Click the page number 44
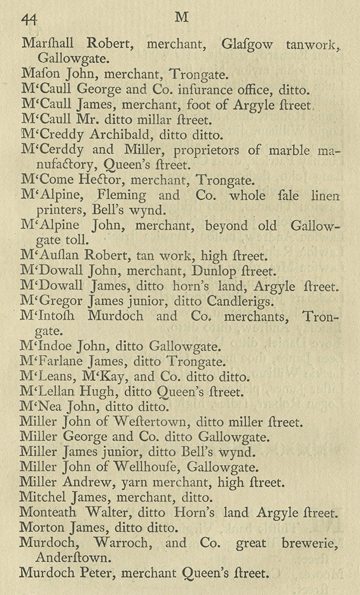click(x=29, y=19)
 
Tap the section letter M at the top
click(x=181, y=18)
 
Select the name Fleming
click(x=124, y=194)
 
